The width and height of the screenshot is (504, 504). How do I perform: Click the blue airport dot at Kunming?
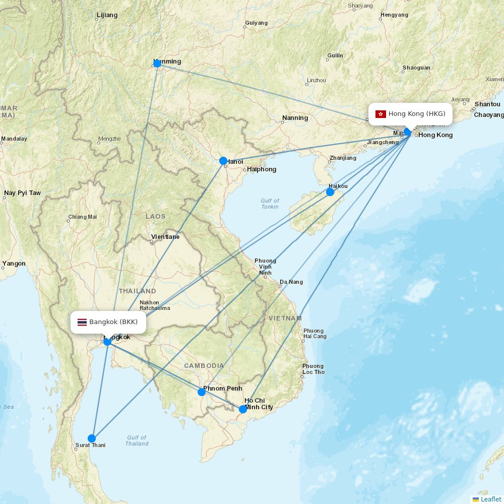(157, 63)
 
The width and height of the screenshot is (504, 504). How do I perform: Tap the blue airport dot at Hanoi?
(223, 161)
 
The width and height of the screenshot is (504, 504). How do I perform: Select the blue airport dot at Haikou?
(330, 192)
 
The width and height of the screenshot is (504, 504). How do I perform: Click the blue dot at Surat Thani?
(92, 438)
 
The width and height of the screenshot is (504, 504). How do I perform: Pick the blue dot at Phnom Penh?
(202, 392)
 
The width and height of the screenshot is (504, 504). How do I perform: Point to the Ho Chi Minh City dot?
(243, 409)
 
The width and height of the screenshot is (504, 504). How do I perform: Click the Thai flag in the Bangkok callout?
(82, 322)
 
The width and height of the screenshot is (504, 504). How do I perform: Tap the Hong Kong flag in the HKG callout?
(381, 114)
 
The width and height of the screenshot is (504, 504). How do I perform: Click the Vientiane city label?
(165, 236)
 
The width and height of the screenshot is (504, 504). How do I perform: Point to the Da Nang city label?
(291, 282)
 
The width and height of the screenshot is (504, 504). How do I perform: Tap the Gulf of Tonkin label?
(270, 204)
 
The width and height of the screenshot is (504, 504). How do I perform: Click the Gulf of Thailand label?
(137, 440)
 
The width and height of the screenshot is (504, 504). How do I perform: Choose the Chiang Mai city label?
(82, 217)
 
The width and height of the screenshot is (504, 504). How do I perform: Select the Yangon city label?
(14, 263)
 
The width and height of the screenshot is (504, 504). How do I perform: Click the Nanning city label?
(295, 118)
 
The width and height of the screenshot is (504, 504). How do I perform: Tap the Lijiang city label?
(106, 15)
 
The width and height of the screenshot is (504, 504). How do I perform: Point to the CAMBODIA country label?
(204, 365)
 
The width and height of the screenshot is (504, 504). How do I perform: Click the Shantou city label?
(487, 104)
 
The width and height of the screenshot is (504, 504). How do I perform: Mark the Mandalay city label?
(14, 139)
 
